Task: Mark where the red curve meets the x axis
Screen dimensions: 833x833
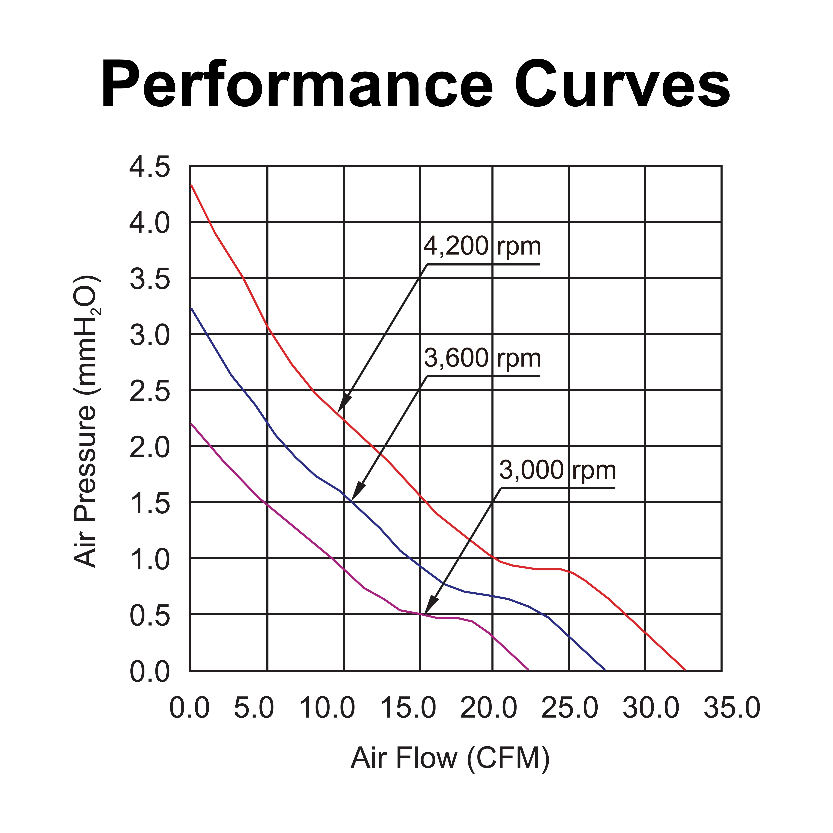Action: pos(685,670)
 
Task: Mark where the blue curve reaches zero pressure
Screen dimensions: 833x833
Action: pos(605,670)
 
